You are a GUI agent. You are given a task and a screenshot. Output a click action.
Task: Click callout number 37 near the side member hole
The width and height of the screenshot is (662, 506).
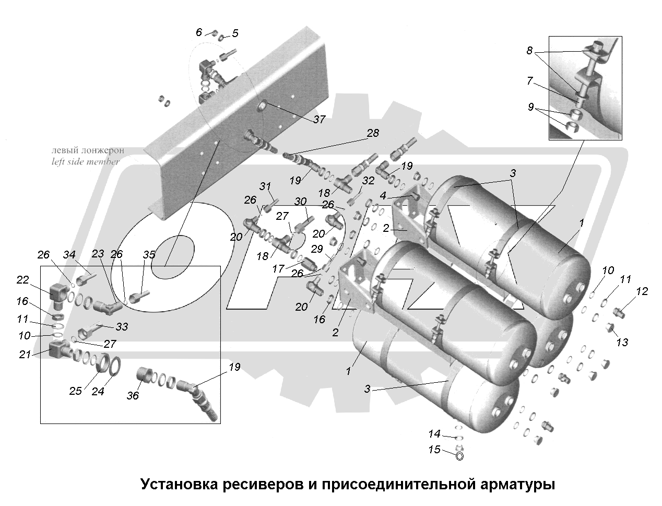click(319, 119)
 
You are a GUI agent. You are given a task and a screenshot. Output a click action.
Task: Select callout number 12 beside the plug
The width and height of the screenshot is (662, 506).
click(642, 291)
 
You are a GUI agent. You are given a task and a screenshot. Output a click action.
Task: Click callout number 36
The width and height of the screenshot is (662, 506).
click(133, 395)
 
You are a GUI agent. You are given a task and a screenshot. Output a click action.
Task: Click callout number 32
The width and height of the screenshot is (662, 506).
click(368, 181)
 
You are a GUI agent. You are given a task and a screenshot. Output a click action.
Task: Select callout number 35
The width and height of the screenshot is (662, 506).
click(149, 255)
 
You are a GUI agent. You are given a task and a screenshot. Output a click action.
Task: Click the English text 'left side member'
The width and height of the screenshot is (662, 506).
click(86, 162)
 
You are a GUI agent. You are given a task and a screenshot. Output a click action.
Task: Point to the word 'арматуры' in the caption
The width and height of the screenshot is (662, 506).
click(516, 485)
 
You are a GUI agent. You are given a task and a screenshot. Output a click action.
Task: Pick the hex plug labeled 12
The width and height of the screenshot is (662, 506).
click(619, 312)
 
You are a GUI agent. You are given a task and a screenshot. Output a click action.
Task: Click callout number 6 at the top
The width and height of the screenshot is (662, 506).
click(198, 32)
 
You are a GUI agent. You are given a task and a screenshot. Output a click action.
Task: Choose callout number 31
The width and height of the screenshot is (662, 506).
click(266, 186)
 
